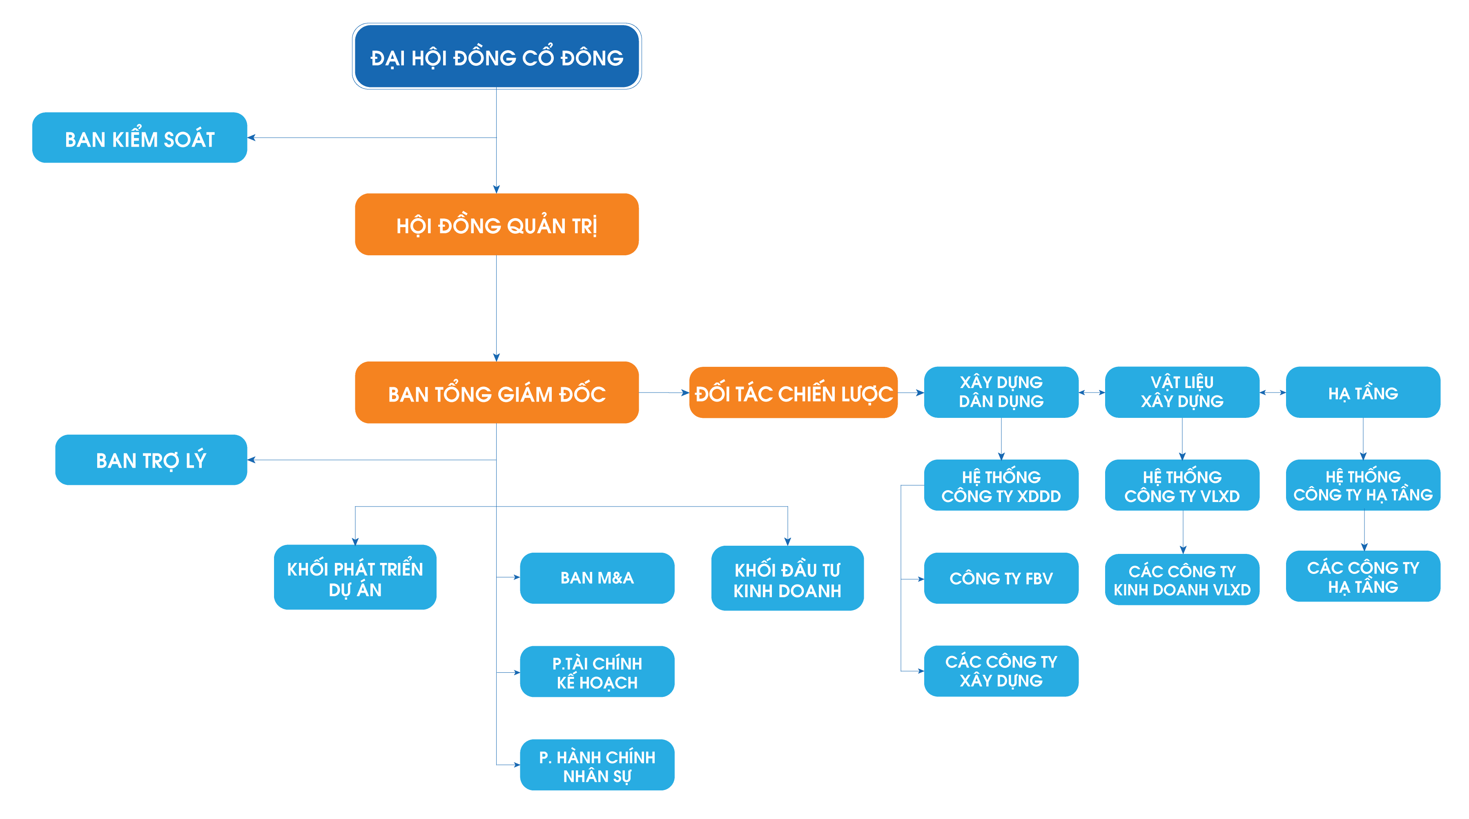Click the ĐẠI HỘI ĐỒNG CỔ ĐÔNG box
point(497,56)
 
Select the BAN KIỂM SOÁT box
point(140,138)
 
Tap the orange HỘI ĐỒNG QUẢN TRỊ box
point(497,225)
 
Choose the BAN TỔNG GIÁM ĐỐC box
point(497,393)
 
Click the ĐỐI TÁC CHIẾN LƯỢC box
point(793,393)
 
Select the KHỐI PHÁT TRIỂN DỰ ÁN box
point(355,578)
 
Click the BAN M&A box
point(597,578)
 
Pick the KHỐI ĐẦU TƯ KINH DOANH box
point(787,579)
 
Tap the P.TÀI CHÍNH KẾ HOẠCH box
point(597,672)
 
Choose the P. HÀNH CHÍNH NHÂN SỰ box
point(597,765)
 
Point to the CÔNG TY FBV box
point(1001,578)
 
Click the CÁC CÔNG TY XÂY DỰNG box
point(1001,671)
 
